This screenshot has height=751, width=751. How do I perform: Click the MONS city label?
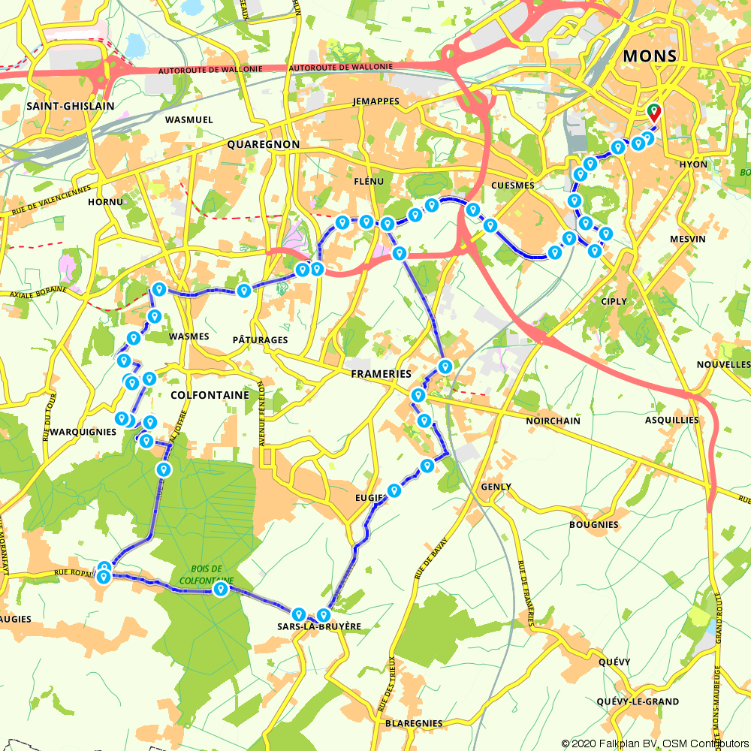[650, 56]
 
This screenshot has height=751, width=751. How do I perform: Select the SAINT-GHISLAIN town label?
[71, 106]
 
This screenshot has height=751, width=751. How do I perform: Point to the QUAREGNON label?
[263, 144]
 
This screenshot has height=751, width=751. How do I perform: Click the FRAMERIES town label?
[381, 374]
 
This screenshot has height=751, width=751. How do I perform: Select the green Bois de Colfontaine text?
[207, 575]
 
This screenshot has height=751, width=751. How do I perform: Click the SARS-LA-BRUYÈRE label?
[319, 626]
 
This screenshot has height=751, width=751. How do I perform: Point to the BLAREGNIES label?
[413, 723]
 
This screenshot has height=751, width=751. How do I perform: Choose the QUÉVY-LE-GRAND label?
[638, 701]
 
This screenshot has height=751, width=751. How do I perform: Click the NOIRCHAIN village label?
[553, 421]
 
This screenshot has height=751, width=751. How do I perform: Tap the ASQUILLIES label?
[671, 420]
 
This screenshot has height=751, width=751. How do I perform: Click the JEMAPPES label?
[375, 101]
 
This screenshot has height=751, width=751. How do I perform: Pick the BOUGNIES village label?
[593, 524]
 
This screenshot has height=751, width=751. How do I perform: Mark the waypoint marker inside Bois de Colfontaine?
[220, 590]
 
